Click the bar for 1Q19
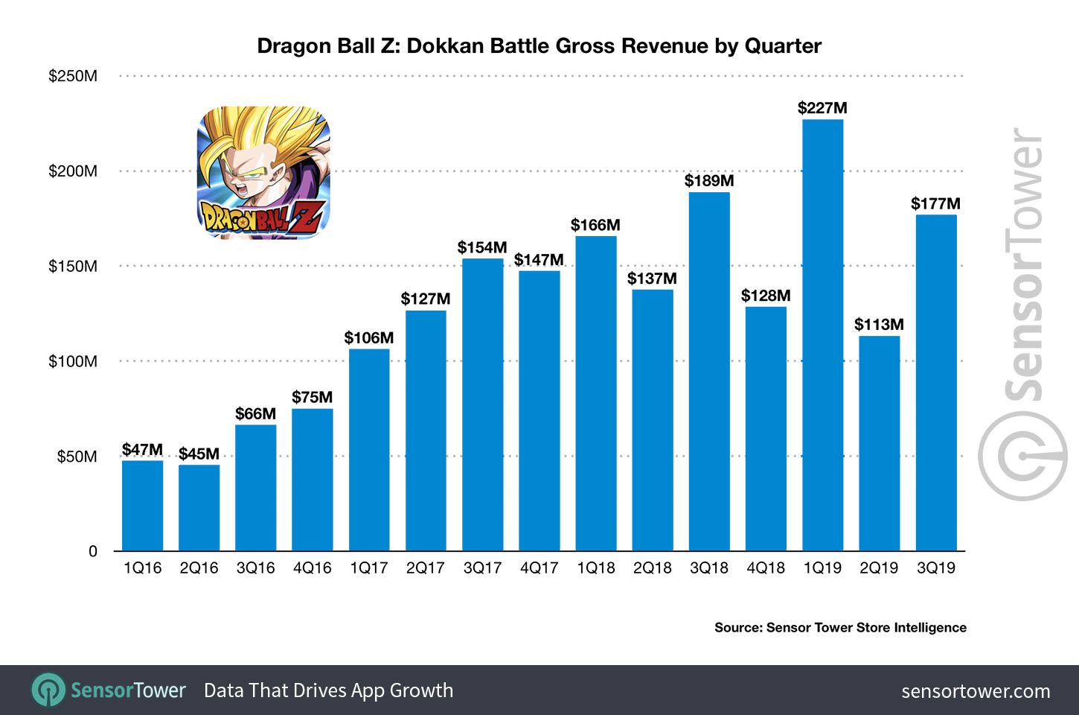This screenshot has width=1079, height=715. (822, 335)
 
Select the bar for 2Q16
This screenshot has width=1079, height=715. (199, 508)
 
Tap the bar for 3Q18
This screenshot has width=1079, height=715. (709, 372)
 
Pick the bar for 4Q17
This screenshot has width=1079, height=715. (539, 410)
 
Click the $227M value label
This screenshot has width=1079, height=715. (822, 108)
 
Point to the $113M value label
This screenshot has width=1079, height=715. (879, 325)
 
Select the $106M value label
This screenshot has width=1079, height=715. (368, 338)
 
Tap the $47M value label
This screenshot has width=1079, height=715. (142, 450)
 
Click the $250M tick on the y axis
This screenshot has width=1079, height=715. (73, 76)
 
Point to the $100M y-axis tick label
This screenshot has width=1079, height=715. (73, 361)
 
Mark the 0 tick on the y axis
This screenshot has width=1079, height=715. (93, 551)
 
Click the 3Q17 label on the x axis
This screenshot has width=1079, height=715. (482, 568)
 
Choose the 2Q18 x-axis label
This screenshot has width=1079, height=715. (653, 568)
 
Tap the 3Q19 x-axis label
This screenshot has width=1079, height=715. (936, 568)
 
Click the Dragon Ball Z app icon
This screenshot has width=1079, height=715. (263, 173)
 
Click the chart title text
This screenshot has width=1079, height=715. (539, 46)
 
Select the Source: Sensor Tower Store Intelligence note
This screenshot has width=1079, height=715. (840, 628)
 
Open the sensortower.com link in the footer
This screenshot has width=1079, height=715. (976, 691)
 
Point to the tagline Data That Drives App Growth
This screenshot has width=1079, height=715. (328, 690)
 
